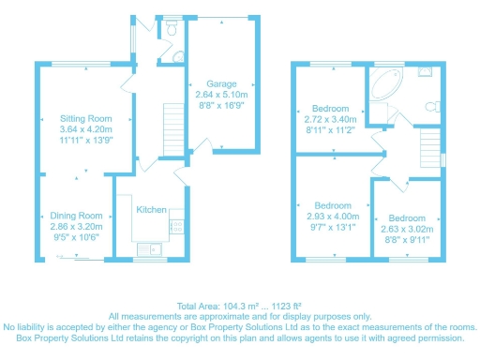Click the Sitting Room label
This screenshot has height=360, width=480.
86,119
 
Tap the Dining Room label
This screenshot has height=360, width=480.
77,216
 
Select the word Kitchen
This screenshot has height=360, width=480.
151,210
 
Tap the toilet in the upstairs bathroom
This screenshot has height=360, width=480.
433,107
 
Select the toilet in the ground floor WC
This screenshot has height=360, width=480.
169,30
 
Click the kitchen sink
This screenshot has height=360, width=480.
146,248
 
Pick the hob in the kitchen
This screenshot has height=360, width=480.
175,225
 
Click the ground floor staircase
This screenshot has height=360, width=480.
172,122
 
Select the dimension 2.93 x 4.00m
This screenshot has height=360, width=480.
333,217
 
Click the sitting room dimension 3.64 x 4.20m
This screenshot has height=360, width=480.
86,130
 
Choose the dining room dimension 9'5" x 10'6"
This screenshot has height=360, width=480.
77,238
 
